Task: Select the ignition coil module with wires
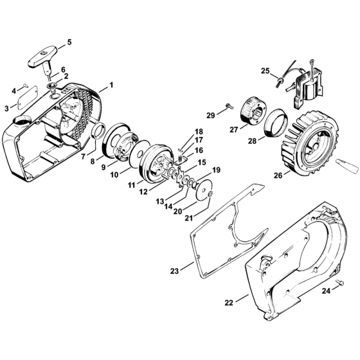click(x=302, y=87)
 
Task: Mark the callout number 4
click(x=14, y=91)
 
